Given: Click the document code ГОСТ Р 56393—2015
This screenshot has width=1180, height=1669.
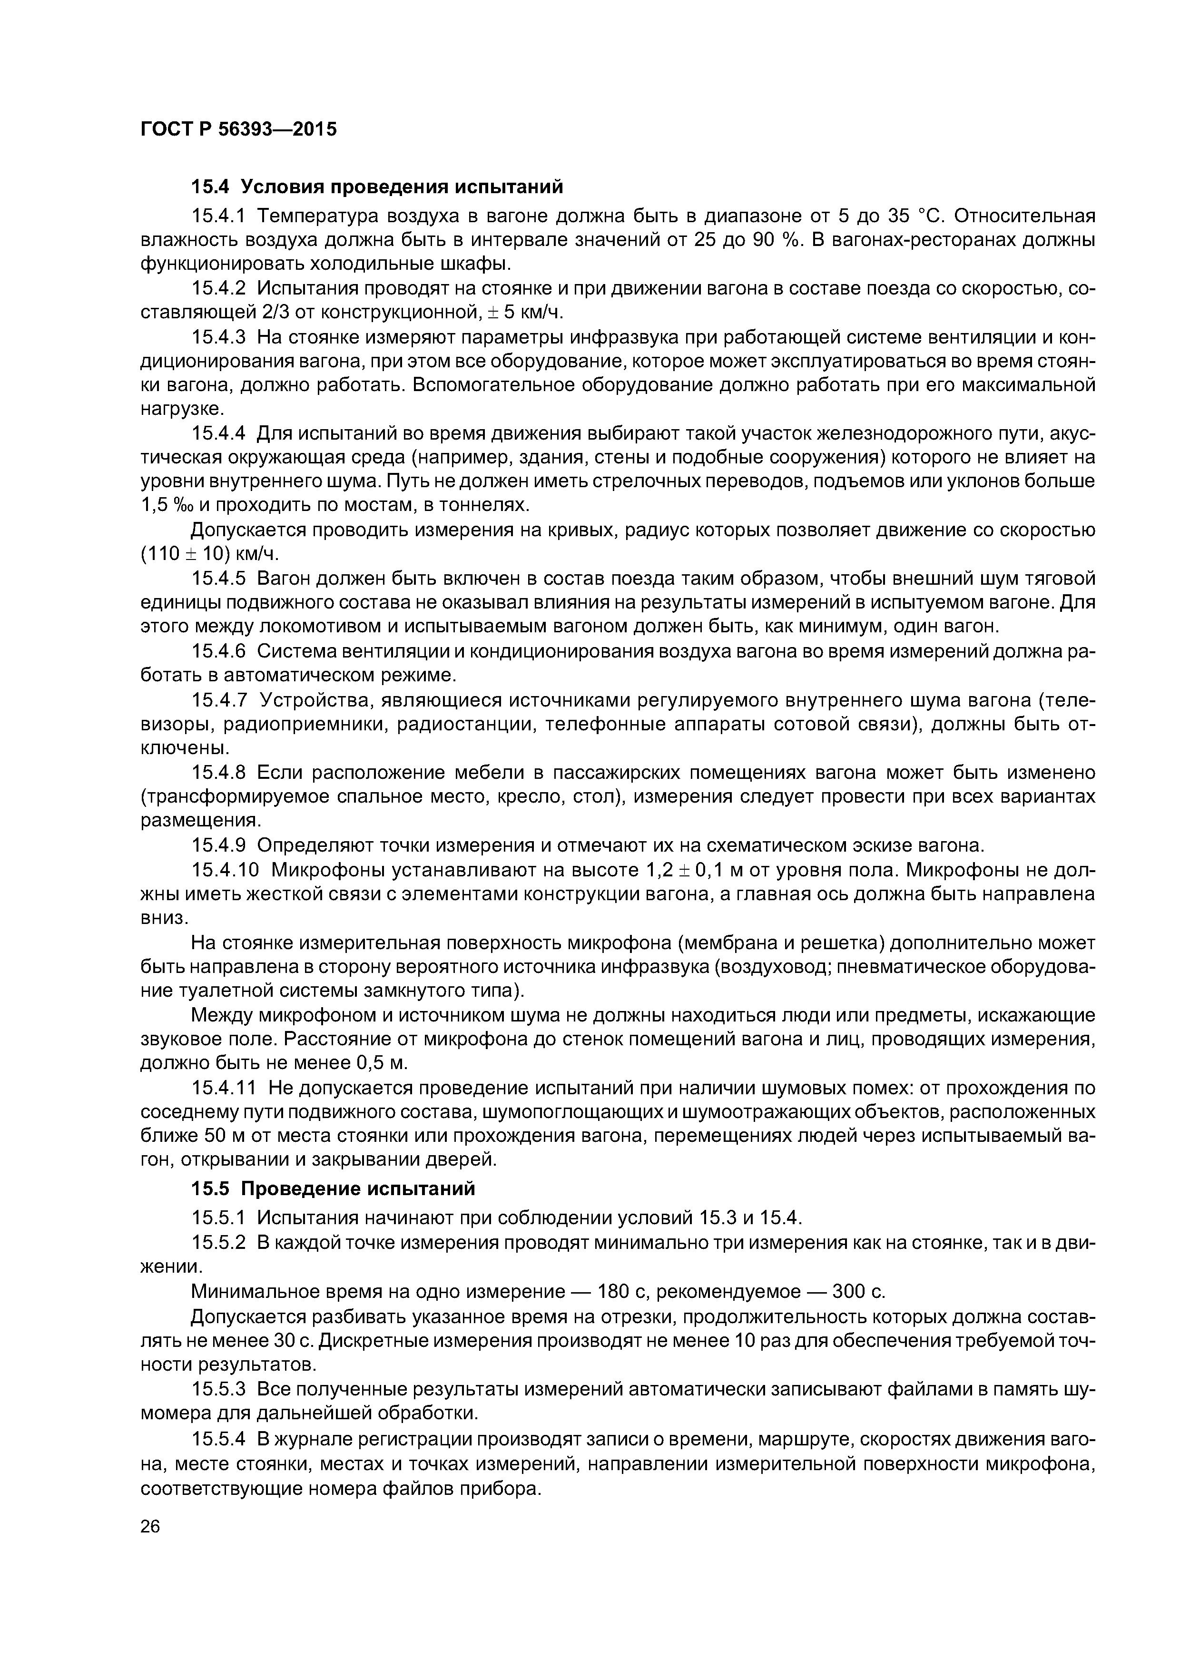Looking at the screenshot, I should point(238,129).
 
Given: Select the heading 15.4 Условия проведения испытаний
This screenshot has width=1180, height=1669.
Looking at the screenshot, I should point(377,187).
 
